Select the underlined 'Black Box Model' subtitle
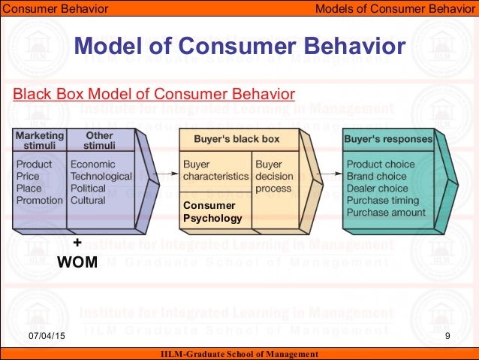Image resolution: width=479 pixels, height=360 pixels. click(x=155, y=95)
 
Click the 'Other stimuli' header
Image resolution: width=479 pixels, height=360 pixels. click(x=99, y=141)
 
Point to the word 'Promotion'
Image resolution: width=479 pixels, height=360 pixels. click(x=39, y=201)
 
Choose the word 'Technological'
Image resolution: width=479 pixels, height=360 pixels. click(x=101, y=177)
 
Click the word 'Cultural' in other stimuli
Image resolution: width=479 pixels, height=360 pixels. click(x=88, y=201)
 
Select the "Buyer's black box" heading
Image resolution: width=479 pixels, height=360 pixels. click(x=215, y=140)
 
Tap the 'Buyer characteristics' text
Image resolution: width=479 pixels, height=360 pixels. click(x=215, y=170)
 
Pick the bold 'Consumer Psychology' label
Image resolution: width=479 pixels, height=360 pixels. click(x=212, y=212)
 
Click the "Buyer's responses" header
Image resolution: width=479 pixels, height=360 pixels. click(x=387, y=139)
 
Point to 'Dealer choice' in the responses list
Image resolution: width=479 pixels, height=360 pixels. click(x=377, y=189)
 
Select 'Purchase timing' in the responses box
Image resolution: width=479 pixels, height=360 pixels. click(x=383, y=201)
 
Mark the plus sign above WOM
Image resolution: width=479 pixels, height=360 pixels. click(x=77, y=243)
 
